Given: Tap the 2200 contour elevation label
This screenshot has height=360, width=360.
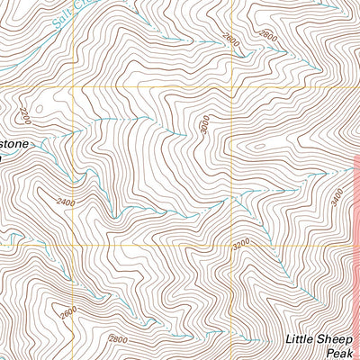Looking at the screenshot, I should (24, 116).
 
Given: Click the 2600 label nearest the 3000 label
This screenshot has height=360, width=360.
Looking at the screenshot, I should (231, 40).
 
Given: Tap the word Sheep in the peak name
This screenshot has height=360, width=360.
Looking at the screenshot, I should (338, 339).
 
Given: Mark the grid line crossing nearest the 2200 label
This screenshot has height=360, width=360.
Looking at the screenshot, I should (71, 87).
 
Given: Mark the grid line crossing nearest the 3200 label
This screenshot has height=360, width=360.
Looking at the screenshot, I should (232, 244).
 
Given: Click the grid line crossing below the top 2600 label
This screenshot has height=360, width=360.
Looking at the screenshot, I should (232, 87).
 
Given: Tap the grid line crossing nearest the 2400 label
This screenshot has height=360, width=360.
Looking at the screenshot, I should (72, 244).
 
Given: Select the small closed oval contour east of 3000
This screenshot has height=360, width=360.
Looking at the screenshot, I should (257, 145).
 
